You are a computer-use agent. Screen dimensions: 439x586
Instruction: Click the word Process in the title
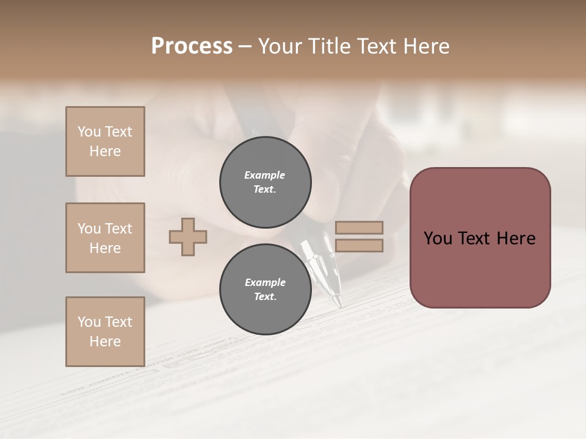pos(192,46)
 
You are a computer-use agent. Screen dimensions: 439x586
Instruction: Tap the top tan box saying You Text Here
pos(105,141)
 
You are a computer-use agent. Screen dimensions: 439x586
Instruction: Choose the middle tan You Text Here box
pos(105,238)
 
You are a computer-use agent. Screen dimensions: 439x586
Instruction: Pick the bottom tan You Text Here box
pos(105,332)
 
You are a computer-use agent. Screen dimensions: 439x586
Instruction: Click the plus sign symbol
pos(188,237)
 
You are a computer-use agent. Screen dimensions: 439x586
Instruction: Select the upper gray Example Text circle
pos(265,182)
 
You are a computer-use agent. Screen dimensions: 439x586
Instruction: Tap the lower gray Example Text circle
pos(265,290)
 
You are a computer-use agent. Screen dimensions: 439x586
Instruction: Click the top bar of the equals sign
pos(359,228)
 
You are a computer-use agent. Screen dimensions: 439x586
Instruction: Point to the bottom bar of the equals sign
pos(359,245)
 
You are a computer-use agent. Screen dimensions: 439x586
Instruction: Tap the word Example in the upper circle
pos(265,175)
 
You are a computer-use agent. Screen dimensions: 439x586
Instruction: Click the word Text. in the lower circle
pos(265,297)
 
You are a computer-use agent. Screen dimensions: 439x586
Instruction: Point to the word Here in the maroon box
pos(516,238)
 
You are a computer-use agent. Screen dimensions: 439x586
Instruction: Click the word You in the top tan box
pos(89,132)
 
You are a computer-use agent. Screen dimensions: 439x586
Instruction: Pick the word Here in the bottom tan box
pos(105,341)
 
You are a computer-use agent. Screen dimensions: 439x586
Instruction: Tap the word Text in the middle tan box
pos(118,229)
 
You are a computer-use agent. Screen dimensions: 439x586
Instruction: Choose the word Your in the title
pos(281,46)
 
